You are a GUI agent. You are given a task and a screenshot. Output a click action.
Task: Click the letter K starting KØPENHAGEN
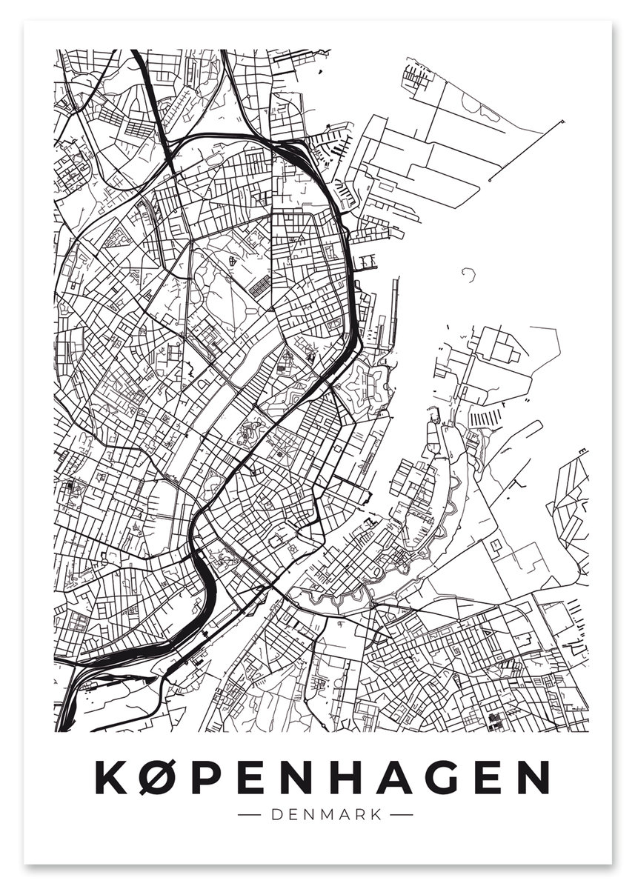click(111, 777)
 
